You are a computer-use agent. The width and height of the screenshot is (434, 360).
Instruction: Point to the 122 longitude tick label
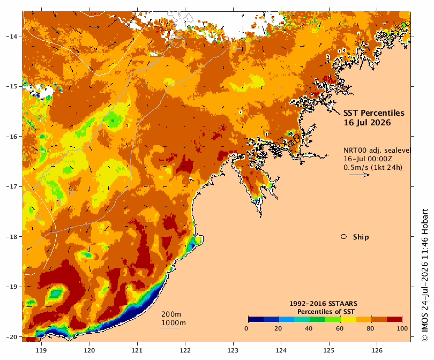click(185, 350)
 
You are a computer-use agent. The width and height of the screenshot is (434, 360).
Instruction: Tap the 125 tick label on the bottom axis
click(329, 350)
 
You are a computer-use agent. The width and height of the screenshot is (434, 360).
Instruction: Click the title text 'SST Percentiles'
click(373, 113)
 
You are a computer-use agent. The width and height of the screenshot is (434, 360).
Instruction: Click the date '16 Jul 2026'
click(367, 123)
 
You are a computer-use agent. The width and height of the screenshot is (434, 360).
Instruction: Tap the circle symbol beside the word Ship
click(344, 237)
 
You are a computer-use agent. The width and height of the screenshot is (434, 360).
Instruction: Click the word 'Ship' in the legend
click(361, 237)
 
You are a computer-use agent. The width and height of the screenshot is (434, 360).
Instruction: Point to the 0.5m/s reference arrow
click(360, 175)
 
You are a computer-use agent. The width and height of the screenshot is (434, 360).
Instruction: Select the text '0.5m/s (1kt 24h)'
click(373, 167)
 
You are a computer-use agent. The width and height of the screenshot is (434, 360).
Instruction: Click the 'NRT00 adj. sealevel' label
click(377, 150)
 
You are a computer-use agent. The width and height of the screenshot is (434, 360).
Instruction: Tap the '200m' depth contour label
click(171, 314)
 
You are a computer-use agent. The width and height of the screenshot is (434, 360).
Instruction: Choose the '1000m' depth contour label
click(174, 323)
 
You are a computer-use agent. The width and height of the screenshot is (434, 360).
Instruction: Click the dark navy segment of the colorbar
click(256, 319)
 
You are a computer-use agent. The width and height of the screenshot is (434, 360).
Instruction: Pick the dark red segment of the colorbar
click(394, 319)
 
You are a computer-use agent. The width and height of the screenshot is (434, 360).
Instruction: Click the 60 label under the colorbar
click(339, 328)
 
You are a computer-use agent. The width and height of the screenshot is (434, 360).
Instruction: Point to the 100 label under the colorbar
click(402, 328)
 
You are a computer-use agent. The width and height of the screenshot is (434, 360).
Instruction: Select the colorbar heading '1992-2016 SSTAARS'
click(323, 304)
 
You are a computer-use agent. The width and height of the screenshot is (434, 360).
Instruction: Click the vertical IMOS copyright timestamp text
click(424, 275)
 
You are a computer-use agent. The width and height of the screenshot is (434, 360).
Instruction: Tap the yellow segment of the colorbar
click(348, 319)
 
